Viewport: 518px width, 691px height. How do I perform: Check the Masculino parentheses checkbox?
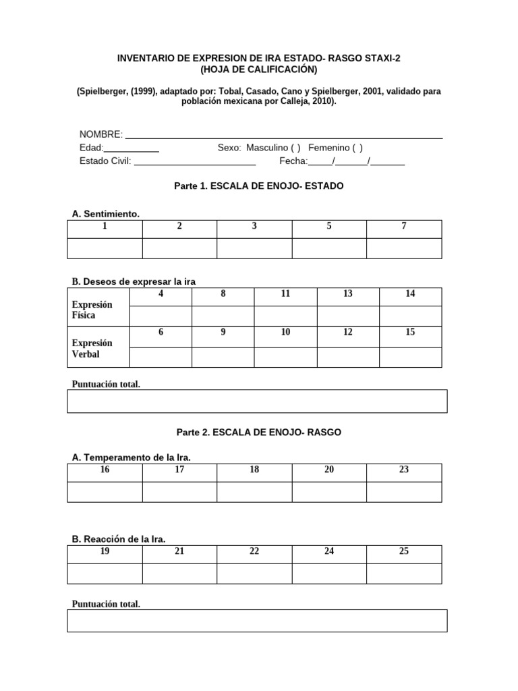tap(295, 148)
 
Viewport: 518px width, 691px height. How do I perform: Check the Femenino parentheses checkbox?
tap(357, 148)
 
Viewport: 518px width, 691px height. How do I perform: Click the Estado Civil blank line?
tap(195, 161)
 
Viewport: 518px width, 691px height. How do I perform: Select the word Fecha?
tap(293, 161)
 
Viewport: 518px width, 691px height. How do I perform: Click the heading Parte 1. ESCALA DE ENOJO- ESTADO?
tap(258, 186)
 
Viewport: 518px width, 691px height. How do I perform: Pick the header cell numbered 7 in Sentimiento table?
tap(403, 227)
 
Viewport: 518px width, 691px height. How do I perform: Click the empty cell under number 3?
tap(254, 248)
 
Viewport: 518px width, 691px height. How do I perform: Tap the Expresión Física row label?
tap(92, 310)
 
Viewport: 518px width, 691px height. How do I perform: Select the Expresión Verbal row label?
tap(92, 348)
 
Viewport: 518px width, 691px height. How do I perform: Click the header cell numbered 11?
tap(285, 294)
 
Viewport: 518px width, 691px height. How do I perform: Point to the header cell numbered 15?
tap(410, 333)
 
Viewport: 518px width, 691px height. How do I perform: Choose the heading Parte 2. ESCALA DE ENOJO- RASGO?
tap(258, 432)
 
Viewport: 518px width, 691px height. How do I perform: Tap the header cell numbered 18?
tap(254, 470)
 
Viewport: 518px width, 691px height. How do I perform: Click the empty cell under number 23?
tap(403, 491)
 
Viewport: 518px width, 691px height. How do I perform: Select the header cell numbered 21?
tap(179, 551)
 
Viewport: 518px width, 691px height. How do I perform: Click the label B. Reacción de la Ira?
tap(119, 538)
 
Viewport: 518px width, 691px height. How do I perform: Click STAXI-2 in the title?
tap(380, 59)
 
